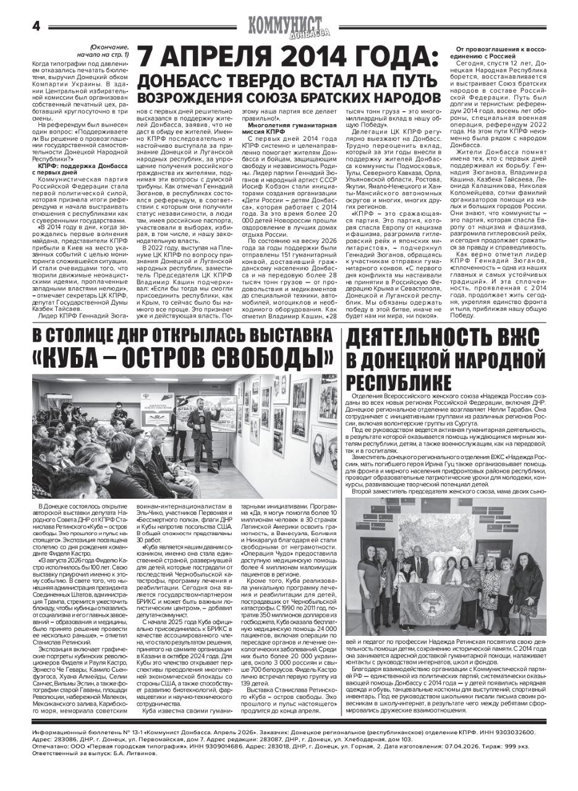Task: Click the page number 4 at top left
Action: [35, 26]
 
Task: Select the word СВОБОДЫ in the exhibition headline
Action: [270, 357]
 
